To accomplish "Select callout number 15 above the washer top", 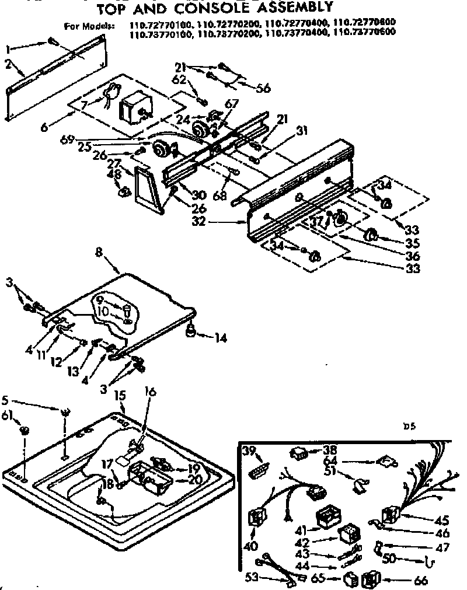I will click(x=120, y=396).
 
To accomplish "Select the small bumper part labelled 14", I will click(x=190, y=332).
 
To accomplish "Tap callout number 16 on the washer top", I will click(x=150, y=392).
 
